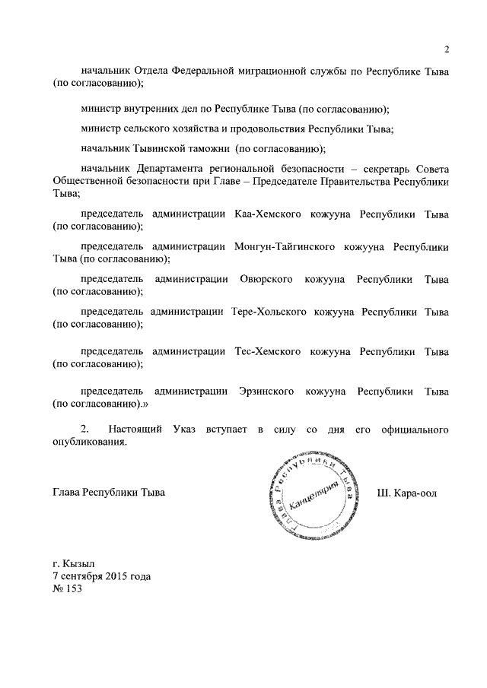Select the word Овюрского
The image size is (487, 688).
point(266,280)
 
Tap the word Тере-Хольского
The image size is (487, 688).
point(267,312)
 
